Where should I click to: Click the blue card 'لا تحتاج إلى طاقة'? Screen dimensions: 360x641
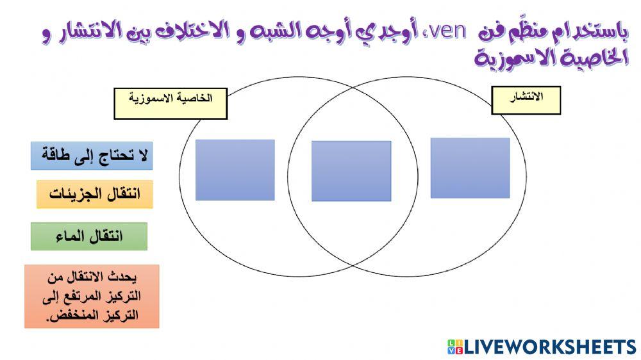click(92, 156)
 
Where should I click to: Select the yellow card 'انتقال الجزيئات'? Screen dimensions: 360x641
click(94, 194)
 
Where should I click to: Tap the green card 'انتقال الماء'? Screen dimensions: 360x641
click(89, 236)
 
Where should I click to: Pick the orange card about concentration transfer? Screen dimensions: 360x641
click(92, 297)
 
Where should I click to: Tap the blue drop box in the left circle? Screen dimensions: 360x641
click(235, 170)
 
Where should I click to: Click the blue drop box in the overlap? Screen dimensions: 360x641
click(351, 171)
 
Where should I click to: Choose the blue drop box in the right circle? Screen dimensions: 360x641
click(470, 168)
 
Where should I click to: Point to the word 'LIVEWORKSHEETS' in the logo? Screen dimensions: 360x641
click(550, 347)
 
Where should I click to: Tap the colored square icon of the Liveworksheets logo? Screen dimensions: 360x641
click(454, 347)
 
